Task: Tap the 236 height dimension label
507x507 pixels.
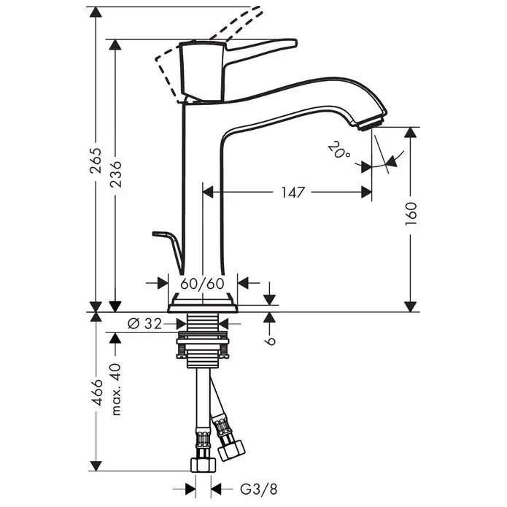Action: tap(115, 174)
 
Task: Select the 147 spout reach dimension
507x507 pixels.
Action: tap(293, 192)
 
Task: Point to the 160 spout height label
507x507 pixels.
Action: tap(411, 214)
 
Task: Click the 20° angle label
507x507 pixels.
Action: tap(339, 151)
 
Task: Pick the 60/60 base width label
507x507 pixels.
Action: tap(202, 284)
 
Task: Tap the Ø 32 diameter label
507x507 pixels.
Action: tap(144, 323)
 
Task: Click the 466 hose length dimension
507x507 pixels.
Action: tap(96, 392)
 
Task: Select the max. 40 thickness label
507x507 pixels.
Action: tap(115, 390)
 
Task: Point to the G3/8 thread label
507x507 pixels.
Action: tap(259, 489)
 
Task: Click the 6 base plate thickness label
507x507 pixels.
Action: tap(271, 341)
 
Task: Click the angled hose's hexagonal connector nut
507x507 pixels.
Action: tap(232, 449)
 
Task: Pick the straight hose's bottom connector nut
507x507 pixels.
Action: tap(203, 464)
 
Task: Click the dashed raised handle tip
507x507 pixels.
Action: tap(257, 9)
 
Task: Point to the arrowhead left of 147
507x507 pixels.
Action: tap(208, 192)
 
